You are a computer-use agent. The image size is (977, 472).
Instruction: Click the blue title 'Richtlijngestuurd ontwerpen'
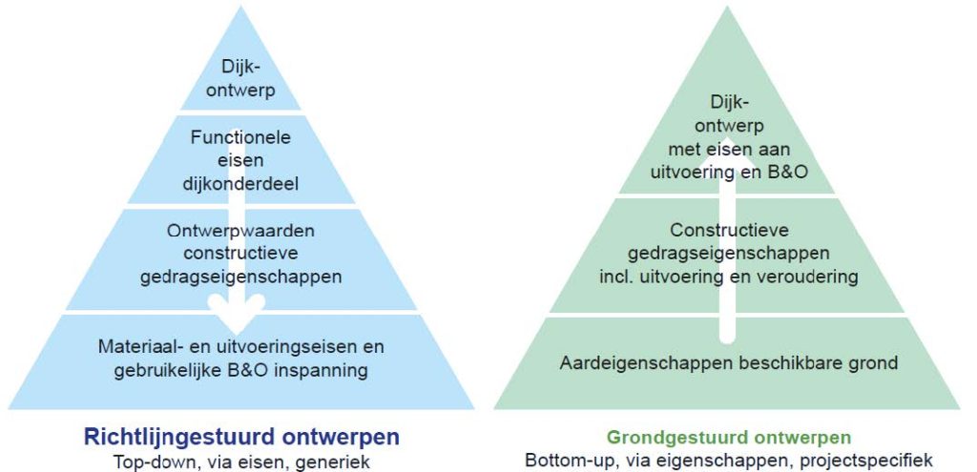coord(241,437)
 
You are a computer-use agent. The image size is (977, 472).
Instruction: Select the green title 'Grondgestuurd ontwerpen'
coord(729,437)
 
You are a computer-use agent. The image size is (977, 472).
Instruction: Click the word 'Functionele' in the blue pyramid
coord(241,136)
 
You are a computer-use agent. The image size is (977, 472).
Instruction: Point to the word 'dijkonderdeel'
coord(241,184)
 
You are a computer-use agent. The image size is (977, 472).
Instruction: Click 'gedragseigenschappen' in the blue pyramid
coord(241,277)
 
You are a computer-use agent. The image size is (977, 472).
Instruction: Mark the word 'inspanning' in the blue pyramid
coord(321,371)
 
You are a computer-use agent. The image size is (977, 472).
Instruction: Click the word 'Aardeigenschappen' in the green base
coord(643,362)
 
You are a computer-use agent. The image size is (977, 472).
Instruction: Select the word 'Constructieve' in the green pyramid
coord(729,230)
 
